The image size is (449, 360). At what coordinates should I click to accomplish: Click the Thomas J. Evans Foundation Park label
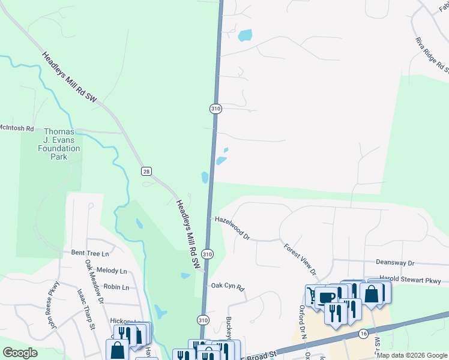pos(62,144)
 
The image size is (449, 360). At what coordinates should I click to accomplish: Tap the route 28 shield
pos(146,172)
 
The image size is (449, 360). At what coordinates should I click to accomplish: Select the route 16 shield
pos(363,333)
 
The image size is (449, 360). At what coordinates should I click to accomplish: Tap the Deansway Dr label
pos(395,263)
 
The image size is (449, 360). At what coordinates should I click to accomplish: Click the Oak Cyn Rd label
pos(228,288)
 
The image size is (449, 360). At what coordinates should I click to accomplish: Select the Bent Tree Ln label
pos(90,253)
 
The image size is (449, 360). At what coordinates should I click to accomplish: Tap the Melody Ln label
pos(111,271)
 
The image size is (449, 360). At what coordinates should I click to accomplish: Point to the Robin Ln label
pos(116,287)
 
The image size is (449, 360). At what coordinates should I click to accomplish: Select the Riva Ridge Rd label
pos(432,55)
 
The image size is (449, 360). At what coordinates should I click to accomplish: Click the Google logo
pos(20,353)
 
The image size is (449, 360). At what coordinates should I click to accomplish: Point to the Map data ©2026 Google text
pos(412,355)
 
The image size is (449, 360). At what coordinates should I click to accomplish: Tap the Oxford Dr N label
pos(303,323)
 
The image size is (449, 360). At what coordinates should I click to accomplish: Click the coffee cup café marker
pos(327,298)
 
